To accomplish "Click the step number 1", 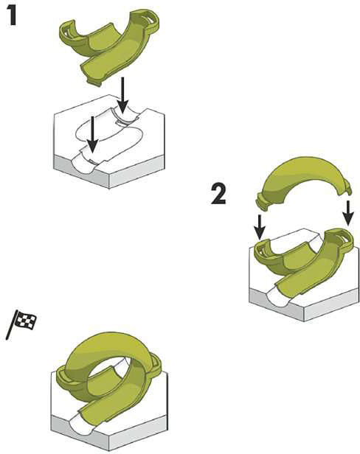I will pos(13,15).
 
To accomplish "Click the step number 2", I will pos(219,194).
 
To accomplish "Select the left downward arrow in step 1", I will pos(92,134).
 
